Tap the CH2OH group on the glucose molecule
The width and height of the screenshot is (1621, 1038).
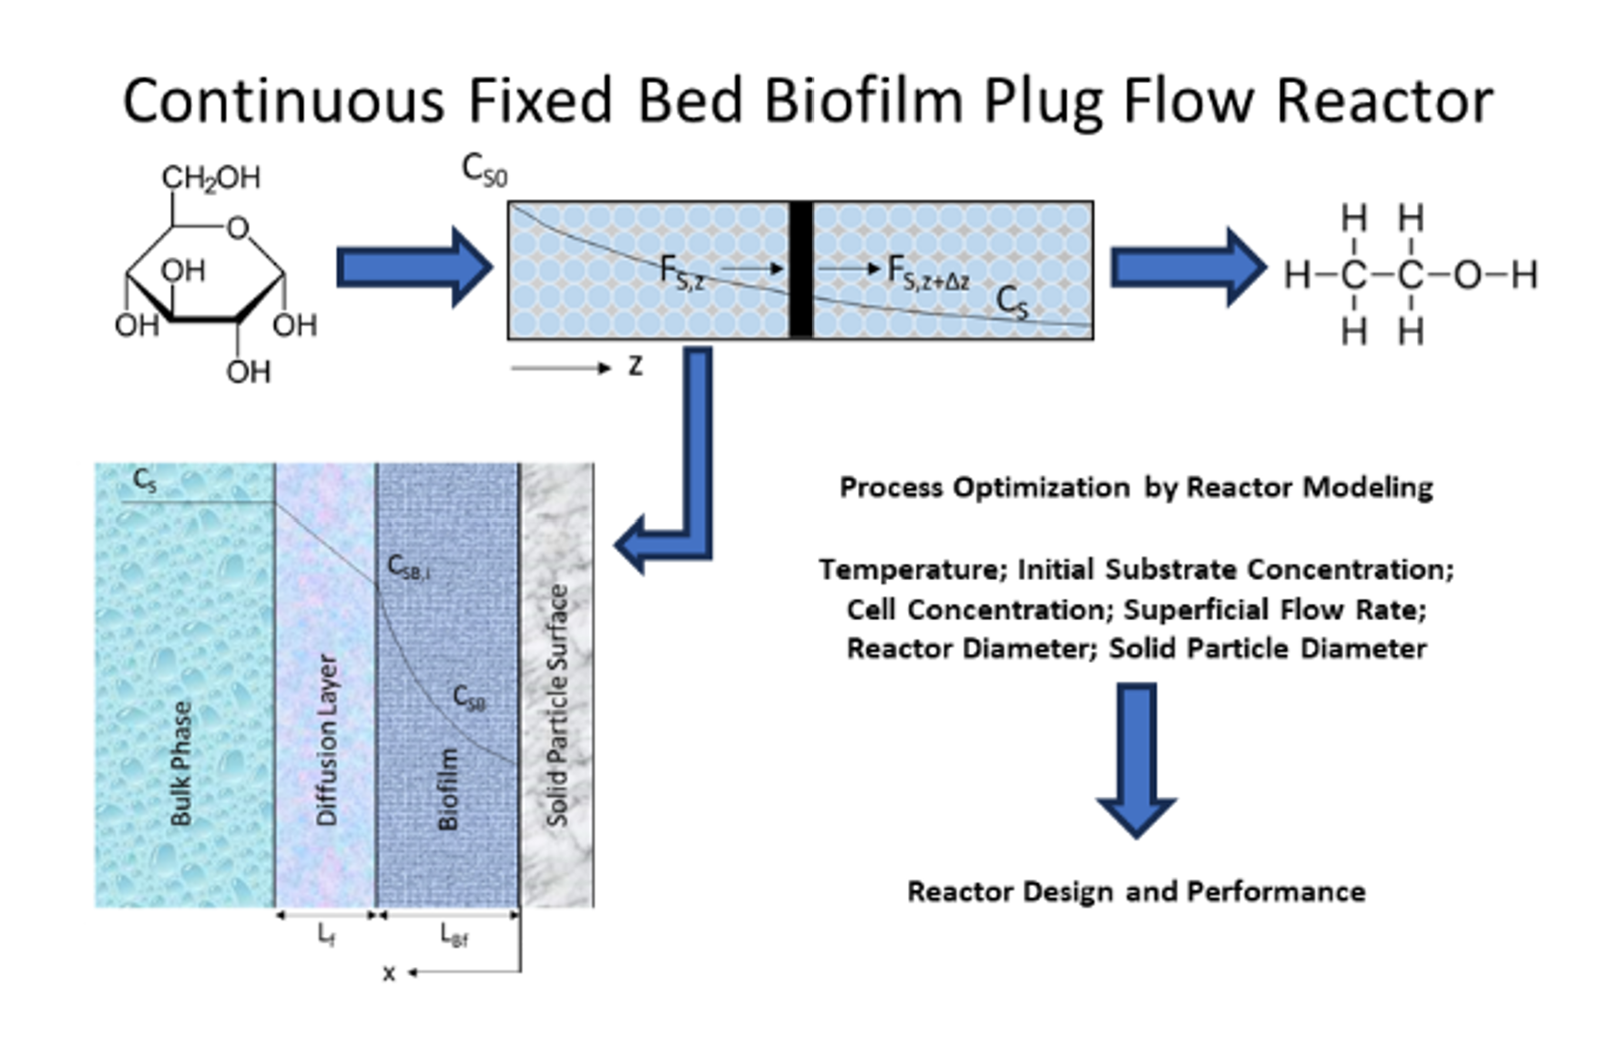(210, 178)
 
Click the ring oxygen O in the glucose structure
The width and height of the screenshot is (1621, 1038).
(238, 227)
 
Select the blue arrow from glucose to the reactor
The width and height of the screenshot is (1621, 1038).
(414, 268)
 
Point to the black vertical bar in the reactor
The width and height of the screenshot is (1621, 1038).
(800, 270)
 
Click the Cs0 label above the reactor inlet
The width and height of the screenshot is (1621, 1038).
(484, 169)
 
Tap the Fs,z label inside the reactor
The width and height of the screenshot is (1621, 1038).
(681, 272)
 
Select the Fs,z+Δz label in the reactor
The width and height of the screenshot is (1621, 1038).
(927, 273)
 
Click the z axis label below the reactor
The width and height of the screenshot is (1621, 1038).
(635, 366)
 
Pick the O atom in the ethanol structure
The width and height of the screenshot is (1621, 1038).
(1466, 275)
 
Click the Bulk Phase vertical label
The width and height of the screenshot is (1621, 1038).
(181, 763)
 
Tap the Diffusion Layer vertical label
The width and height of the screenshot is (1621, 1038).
(326, 739)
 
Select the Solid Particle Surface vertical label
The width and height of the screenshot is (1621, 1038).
(556, 706)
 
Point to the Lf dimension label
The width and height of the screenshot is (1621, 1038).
(326, 933)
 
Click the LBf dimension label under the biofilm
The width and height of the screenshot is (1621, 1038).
(454, 934)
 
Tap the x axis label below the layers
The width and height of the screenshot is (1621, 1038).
(389, 973)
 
